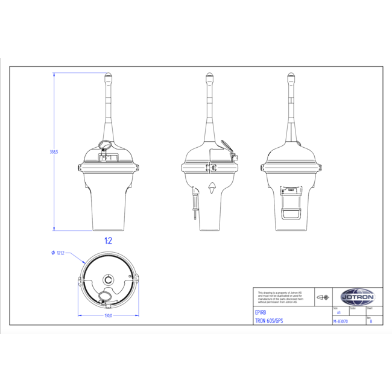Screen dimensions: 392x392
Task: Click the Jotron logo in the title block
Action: pyautogui.click(x=358, y=297)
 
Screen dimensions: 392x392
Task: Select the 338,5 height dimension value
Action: pyautogui.click(x=54, y=152)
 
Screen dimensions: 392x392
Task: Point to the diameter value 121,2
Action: pyautogui.click(x=60, y=253)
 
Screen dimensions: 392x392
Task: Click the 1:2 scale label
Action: pyautogui.click(x=108, y=241)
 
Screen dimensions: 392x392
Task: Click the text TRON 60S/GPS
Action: pyautogui.click(x=269, y=321)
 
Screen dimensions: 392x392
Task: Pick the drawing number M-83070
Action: pyautogui.click(x=341, y=321)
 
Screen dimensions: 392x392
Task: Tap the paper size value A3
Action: pyautogui.click(x=338, y=313)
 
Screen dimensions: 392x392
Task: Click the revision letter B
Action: pyautogui.click(x=371, y=321)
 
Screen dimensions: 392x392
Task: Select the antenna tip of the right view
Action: pyautogui.click(x=291, y=77)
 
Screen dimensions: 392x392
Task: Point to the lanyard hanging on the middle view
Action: pyautogui.click(x=195, y=205)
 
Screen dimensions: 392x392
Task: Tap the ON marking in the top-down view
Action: pyautogui.click(x=130, y=277)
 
